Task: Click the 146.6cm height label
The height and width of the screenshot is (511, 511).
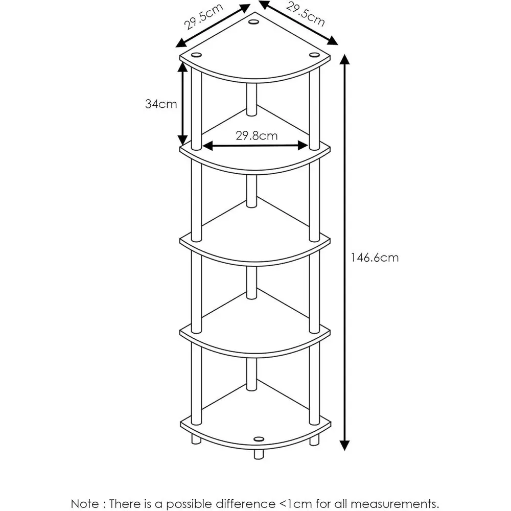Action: click(x=374, y=258)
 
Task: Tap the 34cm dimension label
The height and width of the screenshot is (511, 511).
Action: click(x=161, y=104)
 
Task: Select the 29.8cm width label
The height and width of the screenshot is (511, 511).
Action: click(x=257, y=135)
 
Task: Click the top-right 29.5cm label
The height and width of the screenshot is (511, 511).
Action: click(x=305, y=15)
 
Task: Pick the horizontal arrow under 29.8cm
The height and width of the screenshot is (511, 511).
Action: click(x=255, y=146)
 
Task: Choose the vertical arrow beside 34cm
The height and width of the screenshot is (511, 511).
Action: click(x=182, y=102)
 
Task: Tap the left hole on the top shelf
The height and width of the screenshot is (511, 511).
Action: click(x=196, y=54)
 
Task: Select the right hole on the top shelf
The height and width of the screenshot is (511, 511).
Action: click(x=314, y=54)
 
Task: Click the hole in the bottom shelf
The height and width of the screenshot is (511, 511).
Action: click(x=258, y=438)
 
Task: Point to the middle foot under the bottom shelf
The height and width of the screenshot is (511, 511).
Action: click(x=258, y=454)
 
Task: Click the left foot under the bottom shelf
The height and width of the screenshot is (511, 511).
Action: click(x=196, y=438)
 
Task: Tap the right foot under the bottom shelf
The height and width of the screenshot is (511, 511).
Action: click(x=314, y=438)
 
